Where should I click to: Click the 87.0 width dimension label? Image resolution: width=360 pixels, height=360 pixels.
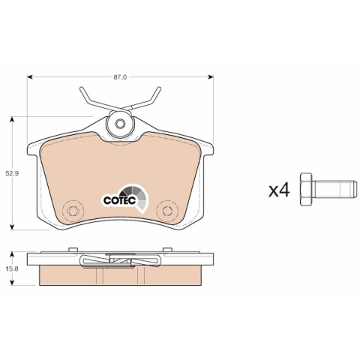coord(120,77)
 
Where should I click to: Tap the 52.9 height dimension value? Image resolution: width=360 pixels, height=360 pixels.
coord(12,173)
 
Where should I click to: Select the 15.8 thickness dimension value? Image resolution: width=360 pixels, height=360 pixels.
coord(12,269)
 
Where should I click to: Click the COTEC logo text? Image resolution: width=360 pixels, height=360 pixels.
coord(120,200)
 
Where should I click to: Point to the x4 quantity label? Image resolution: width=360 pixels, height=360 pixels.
coord(279,190)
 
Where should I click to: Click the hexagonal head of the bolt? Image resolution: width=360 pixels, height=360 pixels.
coord(306,189)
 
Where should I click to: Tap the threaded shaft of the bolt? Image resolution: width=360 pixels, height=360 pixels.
coord(334,189)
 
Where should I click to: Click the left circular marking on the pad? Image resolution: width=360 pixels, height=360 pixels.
coord(73,211)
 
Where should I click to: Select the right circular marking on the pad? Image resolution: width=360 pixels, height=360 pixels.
coord(167,211)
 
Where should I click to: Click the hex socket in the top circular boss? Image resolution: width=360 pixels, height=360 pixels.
coord(120,123)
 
